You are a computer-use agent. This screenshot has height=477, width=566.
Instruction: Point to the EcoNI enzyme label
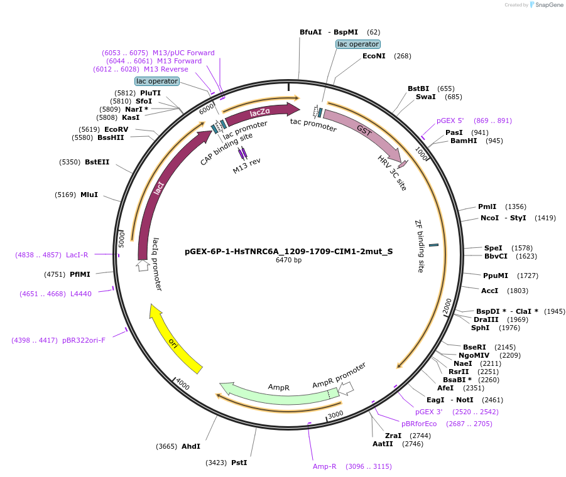[374, 56]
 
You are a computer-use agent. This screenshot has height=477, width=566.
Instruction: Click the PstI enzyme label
[239, 463]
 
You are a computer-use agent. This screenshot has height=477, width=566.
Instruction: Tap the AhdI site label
[191, 446]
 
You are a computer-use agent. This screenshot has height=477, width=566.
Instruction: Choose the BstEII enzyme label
[97, 162]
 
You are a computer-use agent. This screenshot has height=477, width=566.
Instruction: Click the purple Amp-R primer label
[325, 466]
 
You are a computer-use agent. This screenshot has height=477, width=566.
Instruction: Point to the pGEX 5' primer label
[450, 121]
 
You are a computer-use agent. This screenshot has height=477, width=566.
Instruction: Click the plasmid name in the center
[288, 251]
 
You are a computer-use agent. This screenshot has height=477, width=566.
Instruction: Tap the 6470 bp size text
[288, 260]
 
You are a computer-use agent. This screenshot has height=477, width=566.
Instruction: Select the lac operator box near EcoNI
[357, 44]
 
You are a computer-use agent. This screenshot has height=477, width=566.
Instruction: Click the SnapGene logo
[547, 5]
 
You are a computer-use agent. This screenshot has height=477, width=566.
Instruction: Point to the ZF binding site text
[420, 245]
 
